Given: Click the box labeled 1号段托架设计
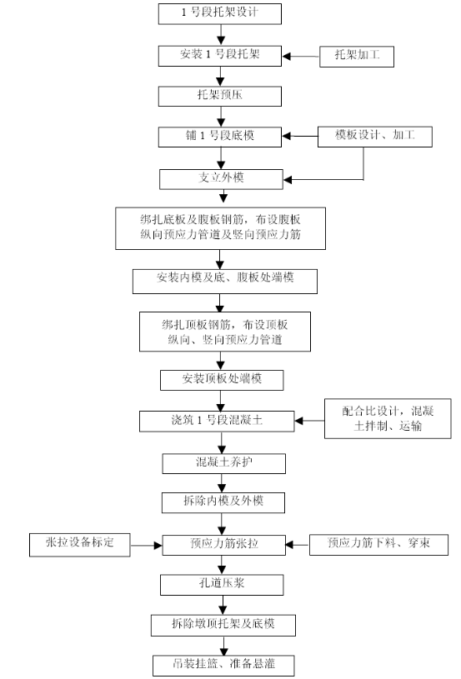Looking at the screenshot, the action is point(220,14).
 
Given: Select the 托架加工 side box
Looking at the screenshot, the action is point(357,57).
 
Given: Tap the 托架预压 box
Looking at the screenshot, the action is point(220,96).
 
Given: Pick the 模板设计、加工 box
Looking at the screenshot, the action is point(375,137).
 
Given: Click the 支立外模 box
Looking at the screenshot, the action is point(221,179).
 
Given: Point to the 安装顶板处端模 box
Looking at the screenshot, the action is point(222,380).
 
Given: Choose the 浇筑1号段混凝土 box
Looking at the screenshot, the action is point(217,422).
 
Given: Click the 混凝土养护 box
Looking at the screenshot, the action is point(224,463).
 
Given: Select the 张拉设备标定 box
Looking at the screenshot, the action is point(80,545).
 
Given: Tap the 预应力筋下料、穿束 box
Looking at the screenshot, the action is point(378,545).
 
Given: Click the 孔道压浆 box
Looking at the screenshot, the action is point(222,585).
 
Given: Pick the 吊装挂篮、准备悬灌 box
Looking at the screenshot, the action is point(223,666).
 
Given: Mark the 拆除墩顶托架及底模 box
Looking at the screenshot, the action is point(223,626).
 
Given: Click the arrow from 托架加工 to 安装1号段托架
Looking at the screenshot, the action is point(301,57).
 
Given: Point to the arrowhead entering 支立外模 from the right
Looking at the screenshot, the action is point(288,179).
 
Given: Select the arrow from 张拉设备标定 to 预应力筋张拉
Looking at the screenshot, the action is point(147,545).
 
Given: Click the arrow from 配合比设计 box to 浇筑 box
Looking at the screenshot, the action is point(310,421).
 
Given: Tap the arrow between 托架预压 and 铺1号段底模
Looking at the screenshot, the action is point(221,117).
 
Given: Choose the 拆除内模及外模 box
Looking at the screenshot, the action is point(223,502).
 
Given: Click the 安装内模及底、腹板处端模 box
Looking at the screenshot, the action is point(225,282).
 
